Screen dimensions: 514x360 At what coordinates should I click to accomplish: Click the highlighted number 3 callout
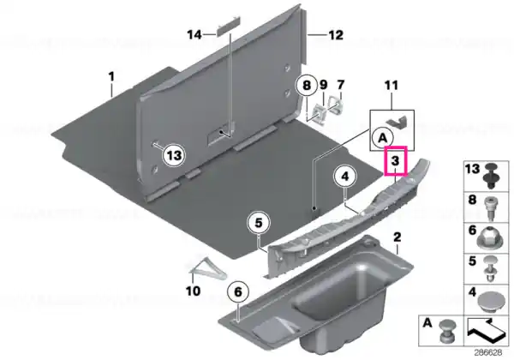(x=396, y=161)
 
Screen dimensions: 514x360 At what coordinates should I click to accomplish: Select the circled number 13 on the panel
(x=174, y=155)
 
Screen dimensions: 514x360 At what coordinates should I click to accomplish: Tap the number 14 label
(x=194, y=35)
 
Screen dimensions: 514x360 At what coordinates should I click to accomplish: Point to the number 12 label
(x=336, y=35)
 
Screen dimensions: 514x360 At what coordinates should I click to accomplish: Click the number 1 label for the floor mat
(x=111, y=77)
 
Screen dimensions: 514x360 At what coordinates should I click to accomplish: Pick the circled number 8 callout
(x=306, y=86)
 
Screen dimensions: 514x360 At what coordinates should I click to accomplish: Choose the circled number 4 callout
(x=345, y=177)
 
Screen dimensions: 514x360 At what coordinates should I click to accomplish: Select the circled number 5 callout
(x=259, y=223)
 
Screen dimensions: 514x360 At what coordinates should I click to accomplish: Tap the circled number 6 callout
(x=238, y=291)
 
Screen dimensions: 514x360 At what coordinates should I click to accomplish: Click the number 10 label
(x=193, y=291)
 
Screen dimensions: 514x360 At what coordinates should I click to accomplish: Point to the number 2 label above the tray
(x=397, y=237)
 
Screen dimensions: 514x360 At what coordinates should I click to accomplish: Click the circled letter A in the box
(x=383, y=138)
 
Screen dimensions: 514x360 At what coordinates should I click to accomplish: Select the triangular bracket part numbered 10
(x=207, y=268)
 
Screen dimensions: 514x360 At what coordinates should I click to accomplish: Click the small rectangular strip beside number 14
(x=227, y=28)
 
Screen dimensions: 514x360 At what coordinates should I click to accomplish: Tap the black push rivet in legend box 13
(x=491, y=176)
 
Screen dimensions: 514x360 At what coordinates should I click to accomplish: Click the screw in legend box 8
(x=490, y=208)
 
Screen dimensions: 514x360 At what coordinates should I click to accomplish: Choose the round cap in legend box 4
(x=490, y=302)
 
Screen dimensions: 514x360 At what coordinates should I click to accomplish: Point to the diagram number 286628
(x=488, y=353)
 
